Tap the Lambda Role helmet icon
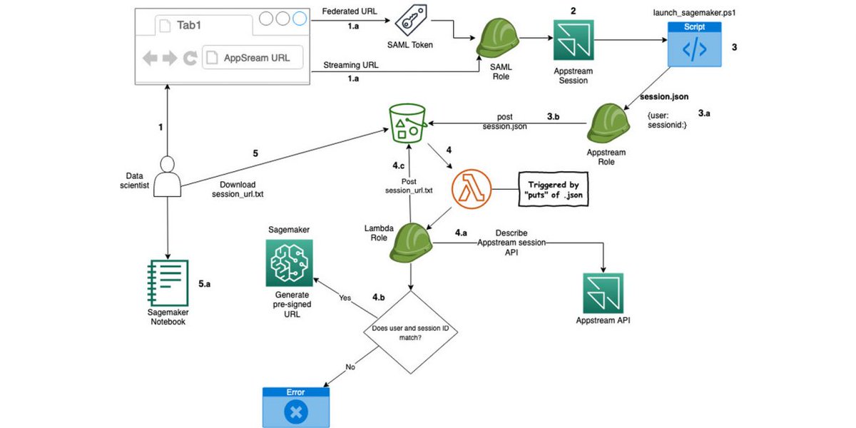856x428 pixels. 412,242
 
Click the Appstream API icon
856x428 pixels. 603,293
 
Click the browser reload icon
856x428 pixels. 190,58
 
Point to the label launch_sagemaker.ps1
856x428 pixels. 693,12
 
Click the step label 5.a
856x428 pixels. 204,283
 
